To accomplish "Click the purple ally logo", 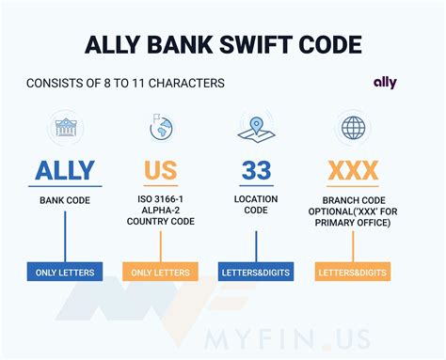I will point(385,83).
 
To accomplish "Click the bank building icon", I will point(65,127).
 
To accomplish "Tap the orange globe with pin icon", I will point(160,127).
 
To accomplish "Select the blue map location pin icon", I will point(255,127).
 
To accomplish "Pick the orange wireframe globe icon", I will point(353,127).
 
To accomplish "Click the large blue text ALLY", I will point(65,170).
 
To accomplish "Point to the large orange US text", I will point(160,170).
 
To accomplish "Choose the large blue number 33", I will point(256,170).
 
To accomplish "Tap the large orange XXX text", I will point(353,170).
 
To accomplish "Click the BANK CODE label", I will point(65,200).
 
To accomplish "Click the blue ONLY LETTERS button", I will point(65,273).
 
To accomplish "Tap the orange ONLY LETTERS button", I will point(161,273).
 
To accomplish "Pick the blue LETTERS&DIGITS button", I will point(256,273).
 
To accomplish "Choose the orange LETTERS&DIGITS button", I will point(353,273).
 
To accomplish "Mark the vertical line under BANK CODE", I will point(65,235).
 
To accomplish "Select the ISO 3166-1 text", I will point(161,200).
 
